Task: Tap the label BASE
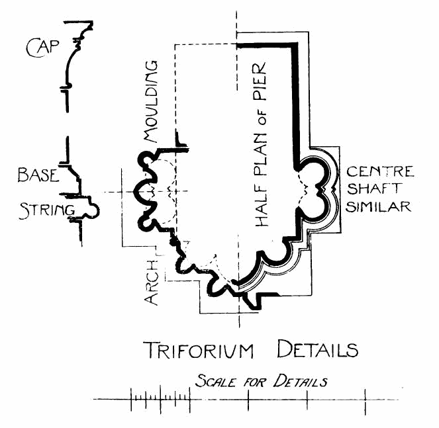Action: [x=37, y=175]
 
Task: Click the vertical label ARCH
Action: [x=152, y=284]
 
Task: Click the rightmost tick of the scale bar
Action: [x=366, y=398]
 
